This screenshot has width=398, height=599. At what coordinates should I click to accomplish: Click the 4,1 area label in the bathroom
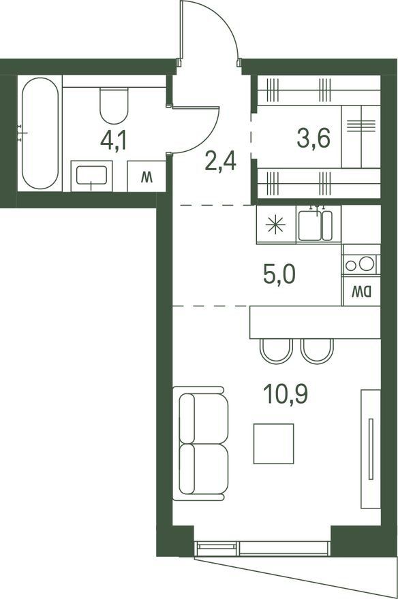(x=113, y=140)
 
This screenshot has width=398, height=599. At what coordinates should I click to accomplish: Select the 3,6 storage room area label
(x=313, y=138)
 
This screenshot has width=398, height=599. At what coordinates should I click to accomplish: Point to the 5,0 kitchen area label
(x=279, y=274)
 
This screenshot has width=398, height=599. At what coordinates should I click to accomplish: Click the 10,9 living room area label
(x=286, y=394)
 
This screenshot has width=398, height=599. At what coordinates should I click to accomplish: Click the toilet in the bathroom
(x=114, y=105)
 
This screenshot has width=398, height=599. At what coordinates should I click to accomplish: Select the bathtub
(x=40, y=133)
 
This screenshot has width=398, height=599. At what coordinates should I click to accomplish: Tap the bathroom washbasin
(x=92, y=176)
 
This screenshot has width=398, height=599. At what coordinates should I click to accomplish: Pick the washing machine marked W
(x=147, y=176)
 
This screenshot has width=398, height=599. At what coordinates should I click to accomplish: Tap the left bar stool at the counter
(x=276, y=351)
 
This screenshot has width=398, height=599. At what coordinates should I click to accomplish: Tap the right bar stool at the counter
(x=317, y=351)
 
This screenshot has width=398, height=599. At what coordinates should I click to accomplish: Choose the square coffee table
(x=274, y=444)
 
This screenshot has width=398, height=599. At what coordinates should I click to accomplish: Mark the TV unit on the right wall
(x=371, y=449)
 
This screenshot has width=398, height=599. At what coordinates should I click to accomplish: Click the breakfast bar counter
(x=315, y=322)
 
